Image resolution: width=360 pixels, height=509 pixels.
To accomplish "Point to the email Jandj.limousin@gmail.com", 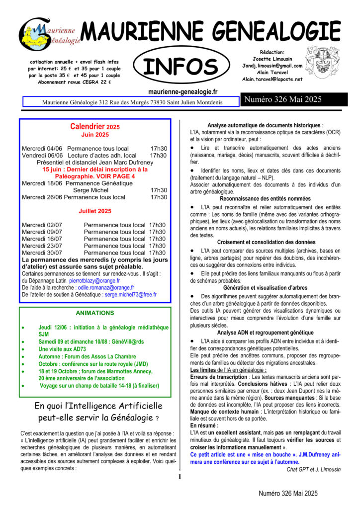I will (x=272, y=66).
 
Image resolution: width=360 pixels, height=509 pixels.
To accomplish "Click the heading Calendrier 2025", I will (x=95, y=127).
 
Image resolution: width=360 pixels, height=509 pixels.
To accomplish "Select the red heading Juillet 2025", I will (x=95, y=211).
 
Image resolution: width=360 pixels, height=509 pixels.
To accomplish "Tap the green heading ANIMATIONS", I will (x=95, y=313).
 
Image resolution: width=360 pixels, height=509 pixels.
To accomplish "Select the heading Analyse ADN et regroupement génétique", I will (x=265, y=332).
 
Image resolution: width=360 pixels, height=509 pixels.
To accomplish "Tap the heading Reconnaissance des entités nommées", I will (x=265, y=198).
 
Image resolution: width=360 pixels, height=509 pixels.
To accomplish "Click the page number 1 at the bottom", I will (x=180, y=477).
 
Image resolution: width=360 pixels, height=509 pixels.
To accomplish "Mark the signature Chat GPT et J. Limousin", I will (x=314, y=469).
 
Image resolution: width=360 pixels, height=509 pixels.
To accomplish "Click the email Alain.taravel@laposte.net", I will (x=272, y=79).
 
